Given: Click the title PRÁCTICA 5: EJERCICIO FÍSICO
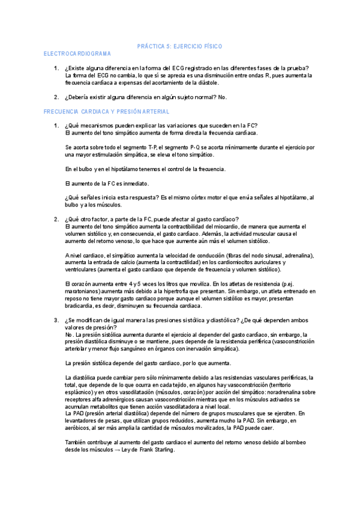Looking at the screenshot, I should [x=179, y=46].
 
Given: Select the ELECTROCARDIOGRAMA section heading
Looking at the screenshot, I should [x=77, y=53].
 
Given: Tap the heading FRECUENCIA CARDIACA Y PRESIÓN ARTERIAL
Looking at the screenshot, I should [x=107, y=112].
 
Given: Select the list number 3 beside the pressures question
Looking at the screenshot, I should [x=56, y=321].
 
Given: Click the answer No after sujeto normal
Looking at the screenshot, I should [x=223, y=97].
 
